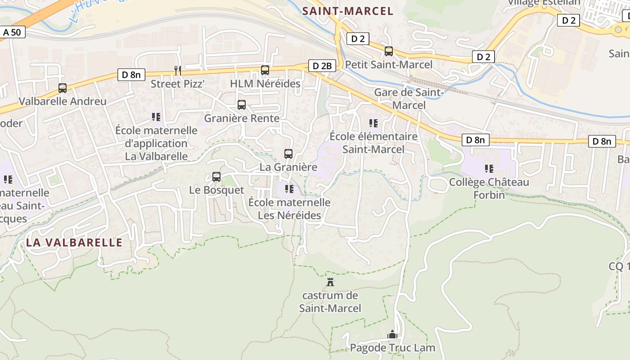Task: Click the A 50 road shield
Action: click(x=12, y=32)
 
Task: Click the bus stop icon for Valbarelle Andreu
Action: click(x=63, y=88)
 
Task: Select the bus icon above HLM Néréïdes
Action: click(x=265, y=70)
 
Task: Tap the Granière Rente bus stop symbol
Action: click(x=242, y=105)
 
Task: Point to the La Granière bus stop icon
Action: click(x=288, y=154)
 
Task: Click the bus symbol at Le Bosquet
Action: click(x=216, y=177)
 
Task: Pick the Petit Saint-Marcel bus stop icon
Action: click(x=389, y=51)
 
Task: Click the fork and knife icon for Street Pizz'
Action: click(x=178, y=70)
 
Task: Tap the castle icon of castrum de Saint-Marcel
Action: click(x=331, y=282)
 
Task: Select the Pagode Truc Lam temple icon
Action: click(x=392, y=334)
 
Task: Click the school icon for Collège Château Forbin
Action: click(x=489, y=169)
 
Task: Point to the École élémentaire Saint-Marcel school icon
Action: click(x=373, y=123)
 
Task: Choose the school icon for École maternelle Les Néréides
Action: click(x=289, y=189)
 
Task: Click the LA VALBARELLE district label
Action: click(x=74, y=243)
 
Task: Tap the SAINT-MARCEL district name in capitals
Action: click(x=348, y=11)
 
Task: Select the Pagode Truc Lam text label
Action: click(x=393, y=348)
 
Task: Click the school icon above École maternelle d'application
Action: click(x=156, y=117)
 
